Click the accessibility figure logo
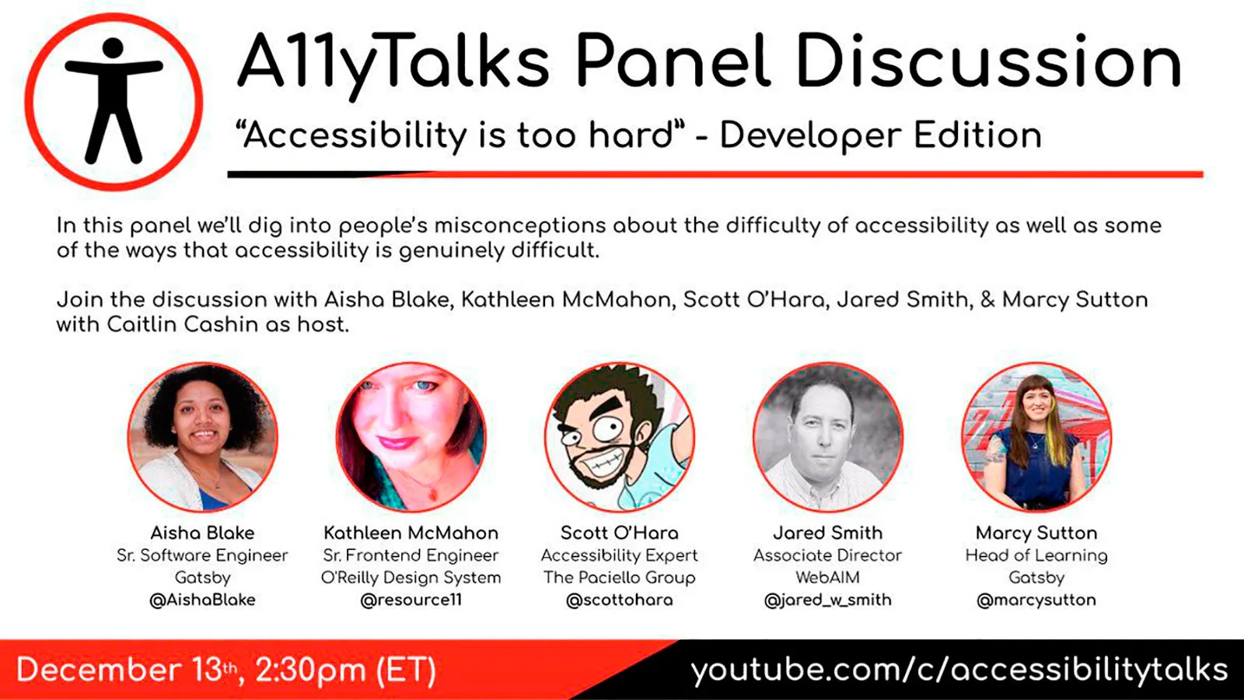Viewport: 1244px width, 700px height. (114, 102)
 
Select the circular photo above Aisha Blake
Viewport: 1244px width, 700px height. (202, 437)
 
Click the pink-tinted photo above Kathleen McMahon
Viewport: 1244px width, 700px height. (411, 437)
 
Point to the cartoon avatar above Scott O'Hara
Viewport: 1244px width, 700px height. (620, 437)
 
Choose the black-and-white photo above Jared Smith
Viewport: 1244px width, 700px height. (828, 437)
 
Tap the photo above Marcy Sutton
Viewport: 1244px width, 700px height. (1036, 437)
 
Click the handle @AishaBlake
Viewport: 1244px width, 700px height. (202, 600)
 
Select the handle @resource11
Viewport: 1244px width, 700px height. (411, 600)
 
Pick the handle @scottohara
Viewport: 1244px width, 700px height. (620, 600)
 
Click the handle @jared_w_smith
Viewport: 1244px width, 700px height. (828, 600)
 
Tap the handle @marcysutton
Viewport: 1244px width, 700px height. (1036, 600)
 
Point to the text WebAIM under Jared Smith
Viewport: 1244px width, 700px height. (828, 577)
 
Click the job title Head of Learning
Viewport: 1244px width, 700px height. (1036, 555)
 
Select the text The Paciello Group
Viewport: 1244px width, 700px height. (620, 577)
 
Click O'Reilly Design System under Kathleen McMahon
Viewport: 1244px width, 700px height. (411, 577)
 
